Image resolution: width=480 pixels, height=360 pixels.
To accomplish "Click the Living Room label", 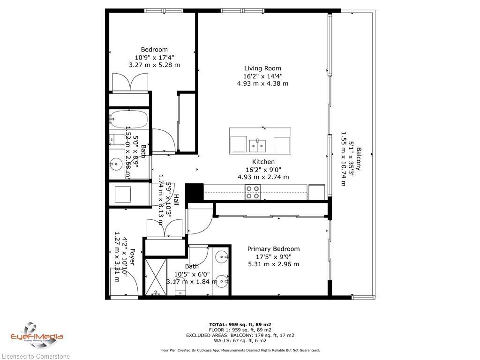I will [x=262, y=68].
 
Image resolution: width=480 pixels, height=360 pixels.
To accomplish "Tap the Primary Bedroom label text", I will [x=273, y=249].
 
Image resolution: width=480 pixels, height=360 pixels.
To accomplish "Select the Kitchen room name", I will [x=263, y=162].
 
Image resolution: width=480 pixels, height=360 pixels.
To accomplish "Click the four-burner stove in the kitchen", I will [x=253, y=192].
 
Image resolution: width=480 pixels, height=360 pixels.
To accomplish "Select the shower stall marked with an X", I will [x=156, y=277].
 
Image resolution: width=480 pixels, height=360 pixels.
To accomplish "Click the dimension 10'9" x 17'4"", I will [x=154, y=58].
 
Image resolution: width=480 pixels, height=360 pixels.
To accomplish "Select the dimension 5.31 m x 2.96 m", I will [x=273, y=264].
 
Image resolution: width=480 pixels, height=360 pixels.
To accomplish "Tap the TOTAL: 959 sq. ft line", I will [x=240, y=324].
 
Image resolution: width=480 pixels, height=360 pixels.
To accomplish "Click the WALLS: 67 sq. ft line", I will [x=240, y=341].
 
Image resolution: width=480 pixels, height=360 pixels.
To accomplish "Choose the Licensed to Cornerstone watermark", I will [x=35, y=356].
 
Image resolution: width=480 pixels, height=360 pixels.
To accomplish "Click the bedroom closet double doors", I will [x=129, y=83].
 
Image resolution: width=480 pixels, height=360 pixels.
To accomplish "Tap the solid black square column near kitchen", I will [x=194, y=192].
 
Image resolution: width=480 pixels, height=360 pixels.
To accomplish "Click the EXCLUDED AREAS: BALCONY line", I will [x=240, y=335].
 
